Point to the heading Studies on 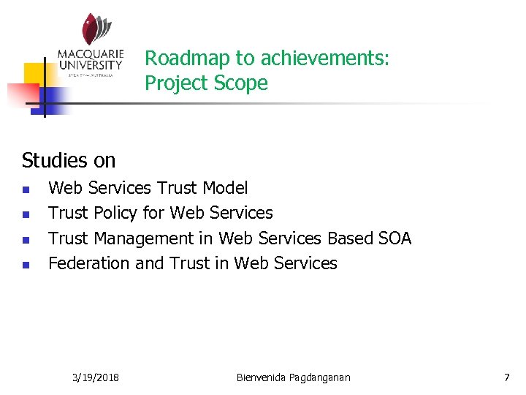(x=69, y=159)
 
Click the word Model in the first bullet (x=225, y=188)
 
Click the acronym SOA (x=394, y=238)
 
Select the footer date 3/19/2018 (x=96, y=377)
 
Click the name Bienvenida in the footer (x=263, y=377)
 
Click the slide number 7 (x=506, y=377)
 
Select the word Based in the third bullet (x=350, y=238)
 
